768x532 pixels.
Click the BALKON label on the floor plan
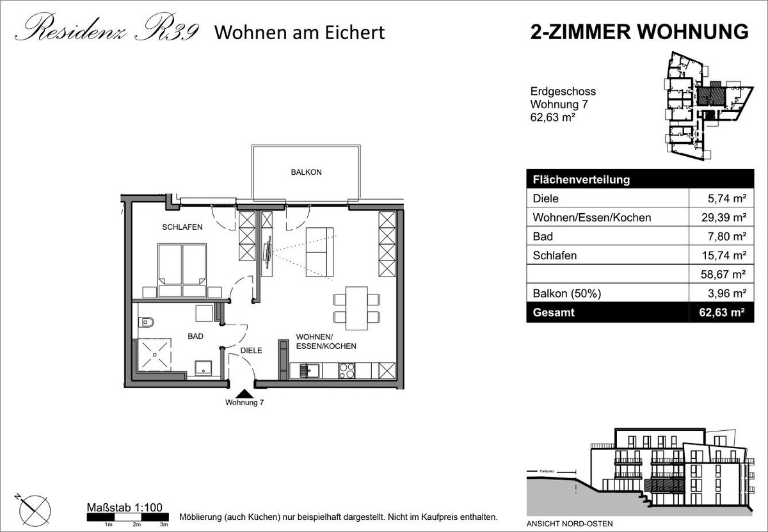pos(306,172)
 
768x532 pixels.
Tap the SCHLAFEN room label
pos(182,227)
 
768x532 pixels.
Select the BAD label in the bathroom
pos(195,337)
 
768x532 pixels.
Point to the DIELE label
pos(251,351)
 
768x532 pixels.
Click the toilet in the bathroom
pos(146,323)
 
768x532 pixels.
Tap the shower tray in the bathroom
pos(154,355)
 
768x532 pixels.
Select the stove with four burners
pos(347,371)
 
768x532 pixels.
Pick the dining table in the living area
pos(356,308)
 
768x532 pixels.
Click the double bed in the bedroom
pos(182,270)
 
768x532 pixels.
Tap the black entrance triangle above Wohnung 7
pos(244,394)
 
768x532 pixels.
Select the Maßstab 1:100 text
pos(124,507)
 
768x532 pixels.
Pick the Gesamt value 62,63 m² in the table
pos(722,312)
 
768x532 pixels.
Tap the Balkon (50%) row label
pos(567,294)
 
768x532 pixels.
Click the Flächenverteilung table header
pos(581,180)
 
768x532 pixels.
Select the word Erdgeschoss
pos(563,92)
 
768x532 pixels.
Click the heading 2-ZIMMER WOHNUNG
pos(639,32)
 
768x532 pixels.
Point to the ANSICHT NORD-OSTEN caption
pos(570,524)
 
